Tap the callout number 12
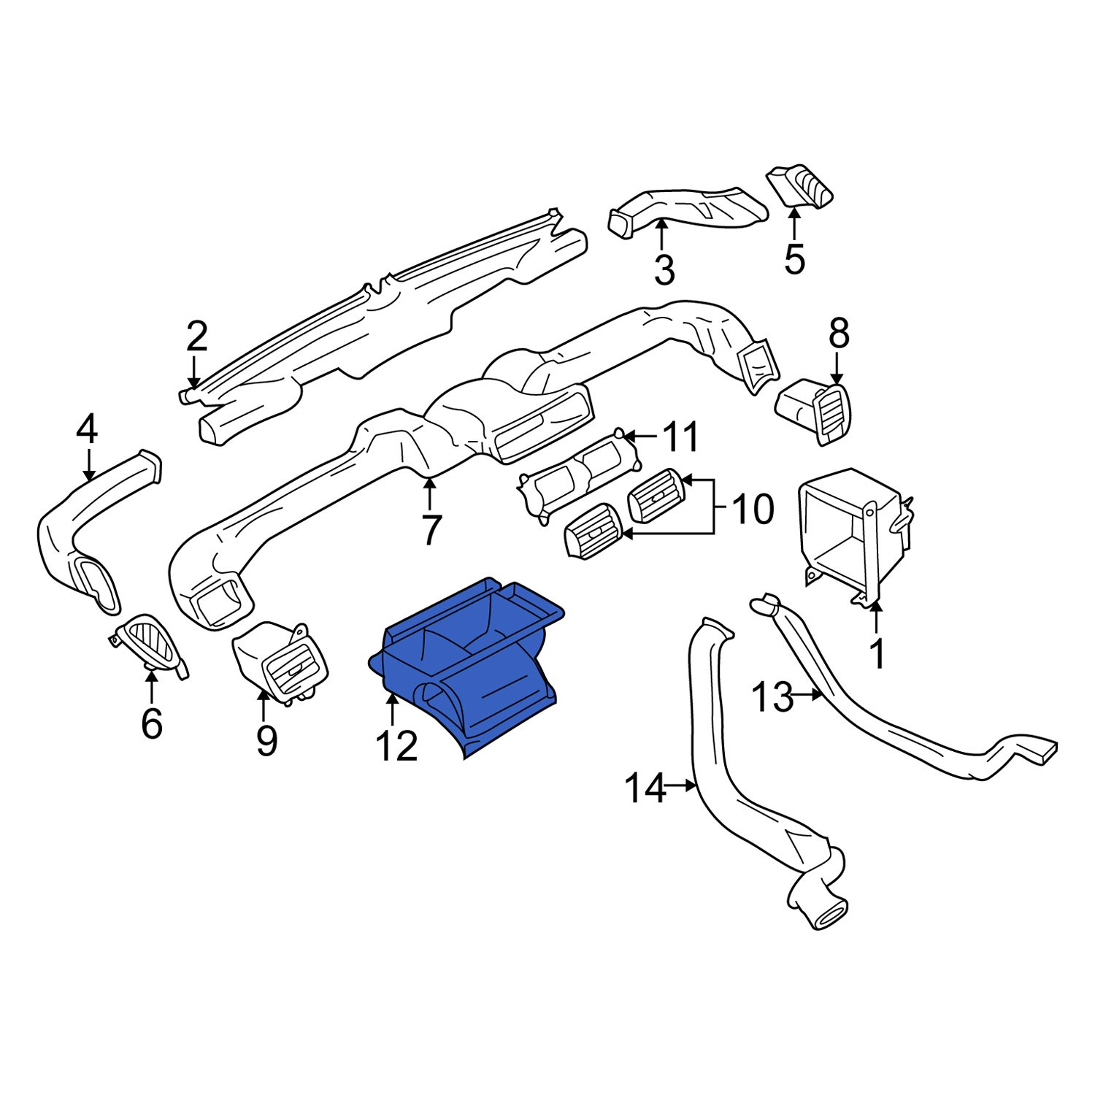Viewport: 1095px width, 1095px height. click(x=396, y=745)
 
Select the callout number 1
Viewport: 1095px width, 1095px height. click(x=878, y=653)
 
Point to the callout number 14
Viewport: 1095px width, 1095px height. click(x=645, y=788)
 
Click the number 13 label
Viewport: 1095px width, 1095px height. click(x=772, y=696)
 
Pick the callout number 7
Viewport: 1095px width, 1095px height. click(x=431, y=530)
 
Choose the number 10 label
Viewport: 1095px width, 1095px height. click(x=752, y=509)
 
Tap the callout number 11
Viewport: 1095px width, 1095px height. click(x=680, y=437)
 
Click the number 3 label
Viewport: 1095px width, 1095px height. click(x=664, y=270)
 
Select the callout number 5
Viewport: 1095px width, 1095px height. click(x=794, y=258)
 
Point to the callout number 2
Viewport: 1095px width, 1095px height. click(x=196, y=337)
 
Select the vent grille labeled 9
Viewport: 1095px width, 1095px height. click(x=281, y=661)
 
